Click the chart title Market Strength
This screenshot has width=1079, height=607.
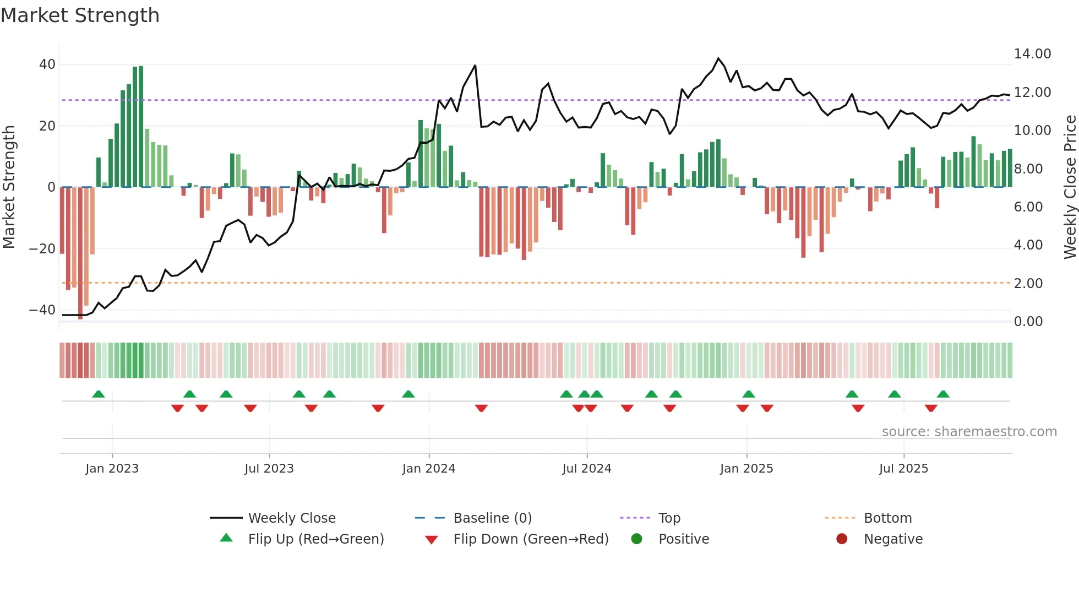80,15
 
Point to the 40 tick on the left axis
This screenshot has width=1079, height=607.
47,64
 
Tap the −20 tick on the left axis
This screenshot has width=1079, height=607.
42,248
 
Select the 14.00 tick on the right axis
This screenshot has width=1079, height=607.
1032,54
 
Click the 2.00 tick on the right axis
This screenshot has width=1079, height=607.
1028,283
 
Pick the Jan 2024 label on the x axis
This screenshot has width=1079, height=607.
428,469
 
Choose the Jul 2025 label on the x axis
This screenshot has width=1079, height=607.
903,469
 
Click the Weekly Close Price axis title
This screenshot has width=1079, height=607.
1070,187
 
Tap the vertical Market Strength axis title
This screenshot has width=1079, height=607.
9,187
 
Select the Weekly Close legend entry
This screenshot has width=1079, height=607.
291,518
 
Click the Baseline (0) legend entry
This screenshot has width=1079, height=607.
492,518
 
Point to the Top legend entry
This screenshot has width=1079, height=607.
669,518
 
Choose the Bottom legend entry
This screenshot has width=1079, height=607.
887,518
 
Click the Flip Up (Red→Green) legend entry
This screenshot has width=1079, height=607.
315,539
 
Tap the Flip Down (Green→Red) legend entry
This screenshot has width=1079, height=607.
531,539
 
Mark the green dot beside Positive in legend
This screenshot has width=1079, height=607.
637,539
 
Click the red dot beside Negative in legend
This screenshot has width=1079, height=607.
842,539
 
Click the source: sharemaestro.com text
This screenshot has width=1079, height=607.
969,432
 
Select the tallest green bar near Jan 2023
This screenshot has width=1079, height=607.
141,127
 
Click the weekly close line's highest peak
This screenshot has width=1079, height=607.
718,58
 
